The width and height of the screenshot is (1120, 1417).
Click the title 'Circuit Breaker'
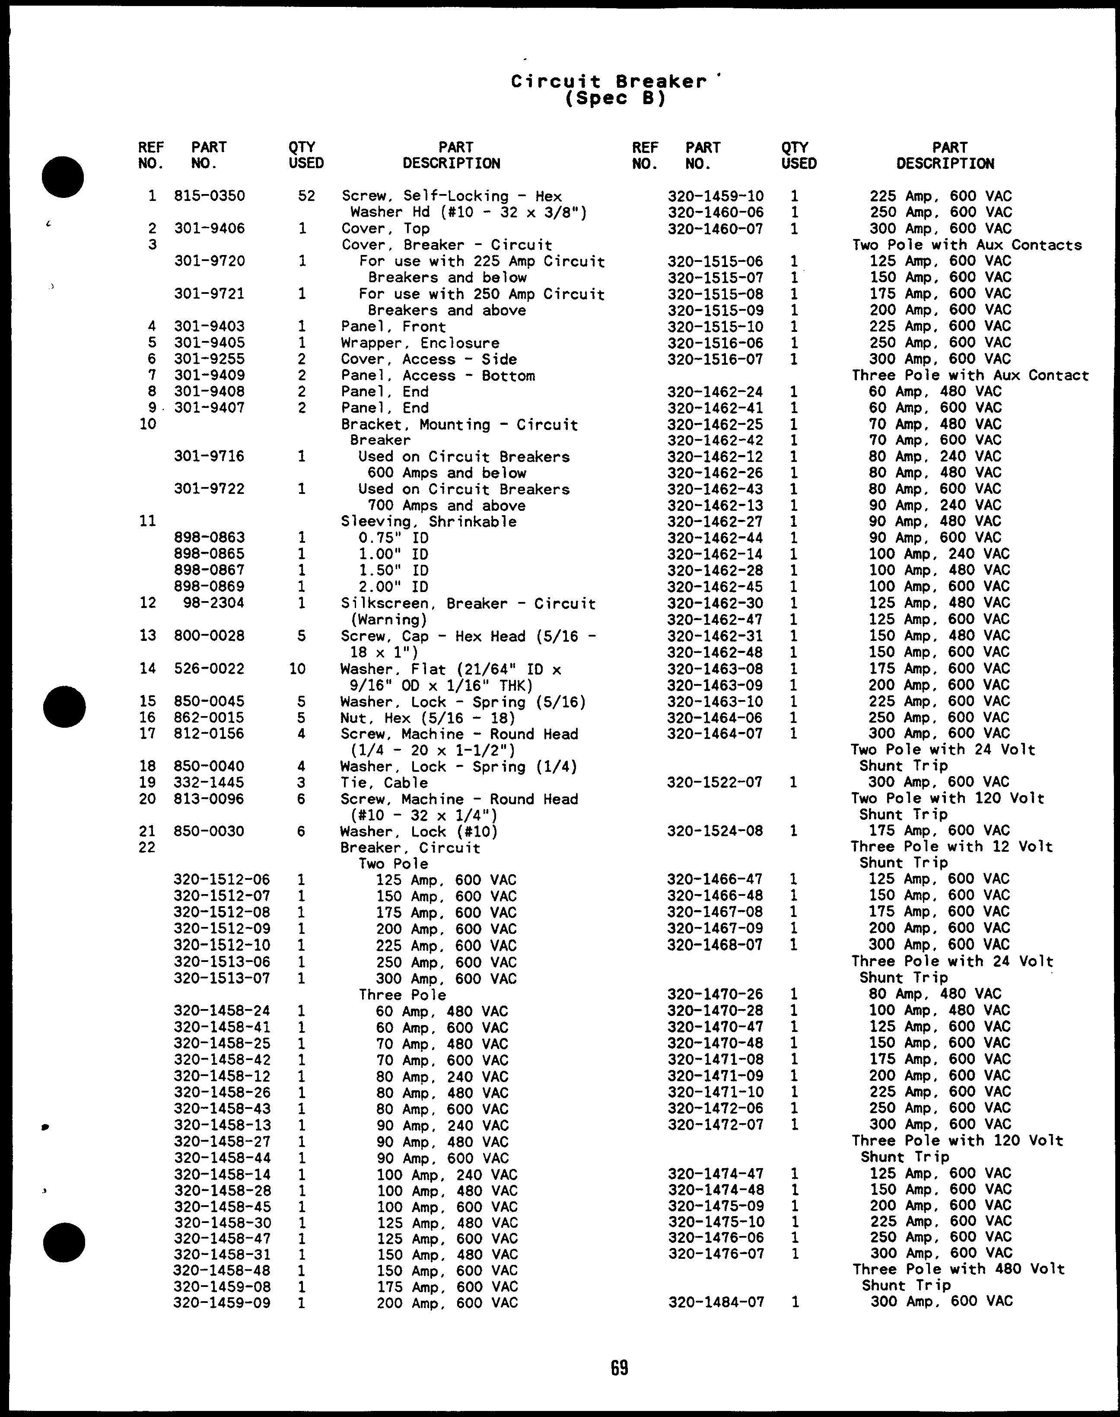pyautogui.click(x=608, y=81)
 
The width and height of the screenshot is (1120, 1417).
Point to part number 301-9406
pyautogui.click(x=209, y=228)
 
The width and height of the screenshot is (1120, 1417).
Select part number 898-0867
pyautogui.click(x=209, y=570)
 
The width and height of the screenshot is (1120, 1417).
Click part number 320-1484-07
pyautogui.click(x=716, y=1302)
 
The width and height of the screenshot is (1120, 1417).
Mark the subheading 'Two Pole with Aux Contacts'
pyautogui.click(x=967, y=245)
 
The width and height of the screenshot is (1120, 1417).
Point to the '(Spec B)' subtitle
pyautogui.click(x=614, y=99)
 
